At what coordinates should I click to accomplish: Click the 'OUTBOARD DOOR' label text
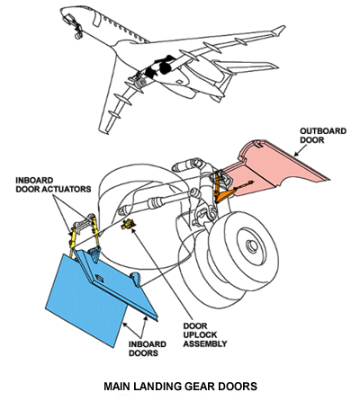pyautogui.click(x=323, y=136)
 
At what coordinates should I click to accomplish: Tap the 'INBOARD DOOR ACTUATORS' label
pyautogui.click(x=53, y=185)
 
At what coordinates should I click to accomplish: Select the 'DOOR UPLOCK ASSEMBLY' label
pyautogui.click(x=205, y=334)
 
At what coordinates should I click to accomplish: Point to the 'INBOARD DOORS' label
pyautogui.click(x=148, y=349)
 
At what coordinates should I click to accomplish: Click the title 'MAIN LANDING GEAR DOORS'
pyautogui.click(x=180, y=386)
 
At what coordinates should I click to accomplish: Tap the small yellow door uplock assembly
pyautogui.click(x=128, y=224)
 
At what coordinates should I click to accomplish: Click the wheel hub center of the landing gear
pyautogui.click(x=252, y=245)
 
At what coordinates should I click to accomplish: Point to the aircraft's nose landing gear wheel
pyautogui.click(x=78, y=36)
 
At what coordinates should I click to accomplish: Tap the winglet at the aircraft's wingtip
pyautogui.click(x=279, y=30)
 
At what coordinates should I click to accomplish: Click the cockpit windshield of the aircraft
pyautogui.click(x=69, y=17)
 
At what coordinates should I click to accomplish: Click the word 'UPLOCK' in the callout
pyautogui.click(x=200, y=334)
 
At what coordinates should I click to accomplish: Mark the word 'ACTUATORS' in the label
pyautogui.click(x=70, y=189)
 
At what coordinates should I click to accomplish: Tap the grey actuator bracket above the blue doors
pyautogui.click(x=84, y=224)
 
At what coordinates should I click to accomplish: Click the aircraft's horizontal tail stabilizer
pyautogui.click(x=246, y=67)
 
